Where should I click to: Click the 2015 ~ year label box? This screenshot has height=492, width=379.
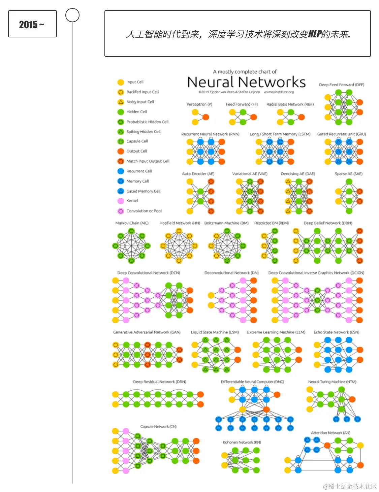[32, 24]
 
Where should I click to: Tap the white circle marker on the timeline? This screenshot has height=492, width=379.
[72, 15]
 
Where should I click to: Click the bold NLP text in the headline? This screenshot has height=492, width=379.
[315, 34]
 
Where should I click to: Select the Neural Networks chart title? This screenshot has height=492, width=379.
[246, 82]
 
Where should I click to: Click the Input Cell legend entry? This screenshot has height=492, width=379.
[134, 82]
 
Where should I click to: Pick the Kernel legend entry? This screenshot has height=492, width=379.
[132, 201]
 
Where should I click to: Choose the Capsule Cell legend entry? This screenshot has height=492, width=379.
[137, 141]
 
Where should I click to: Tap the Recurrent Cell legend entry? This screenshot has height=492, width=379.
[139, 171]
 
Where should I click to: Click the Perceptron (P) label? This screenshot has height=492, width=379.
[199, 104]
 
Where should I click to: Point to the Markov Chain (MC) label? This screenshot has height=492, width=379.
[132, 223]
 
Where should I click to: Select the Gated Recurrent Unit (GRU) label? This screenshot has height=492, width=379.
[341, 134]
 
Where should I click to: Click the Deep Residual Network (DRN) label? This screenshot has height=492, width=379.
[160, 382]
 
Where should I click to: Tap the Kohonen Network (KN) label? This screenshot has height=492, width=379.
[242, 442]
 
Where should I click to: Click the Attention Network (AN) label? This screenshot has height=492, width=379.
[330, 433]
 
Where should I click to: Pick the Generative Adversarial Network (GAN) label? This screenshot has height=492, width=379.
[147, 332]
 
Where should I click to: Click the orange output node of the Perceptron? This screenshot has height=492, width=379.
[206, 117]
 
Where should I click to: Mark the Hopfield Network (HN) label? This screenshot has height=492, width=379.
[180, 223]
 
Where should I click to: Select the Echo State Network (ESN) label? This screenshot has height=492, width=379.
[336, 332]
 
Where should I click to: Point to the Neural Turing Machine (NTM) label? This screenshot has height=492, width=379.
[332, 382]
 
